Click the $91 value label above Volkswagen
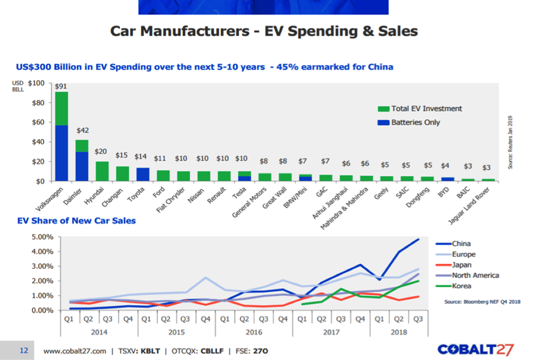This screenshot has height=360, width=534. click(x=61, y=86)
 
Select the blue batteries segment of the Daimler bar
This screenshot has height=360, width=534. click(x=82, y=166)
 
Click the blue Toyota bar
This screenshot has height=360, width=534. click(x=143, y=174)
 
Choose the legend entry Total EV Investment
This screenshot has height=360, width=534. click(x=427, y=109)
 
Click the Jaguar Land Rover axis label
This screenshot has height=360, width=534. click(x=474, y=204)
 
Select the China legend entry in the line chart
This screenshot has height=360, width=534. click(x=461, y=243)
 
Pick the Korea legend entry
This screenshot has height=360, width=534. click(x=462, y=285)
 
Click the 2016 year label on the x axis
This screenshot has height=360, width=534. click(x=254, y=332)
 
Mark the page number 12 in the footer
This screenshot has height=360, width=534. click(x=24, y=351)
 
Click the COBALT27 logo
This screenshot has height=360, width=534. click(x=476, y=350)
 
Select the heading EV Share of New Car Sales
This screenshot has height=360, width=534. click(x=76, y=220)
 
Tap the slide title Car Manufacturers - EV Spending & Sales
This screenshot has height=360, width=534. click(x=264, y=31)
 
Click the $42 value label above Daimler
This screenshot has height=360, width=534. click(x=82, y=130)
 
